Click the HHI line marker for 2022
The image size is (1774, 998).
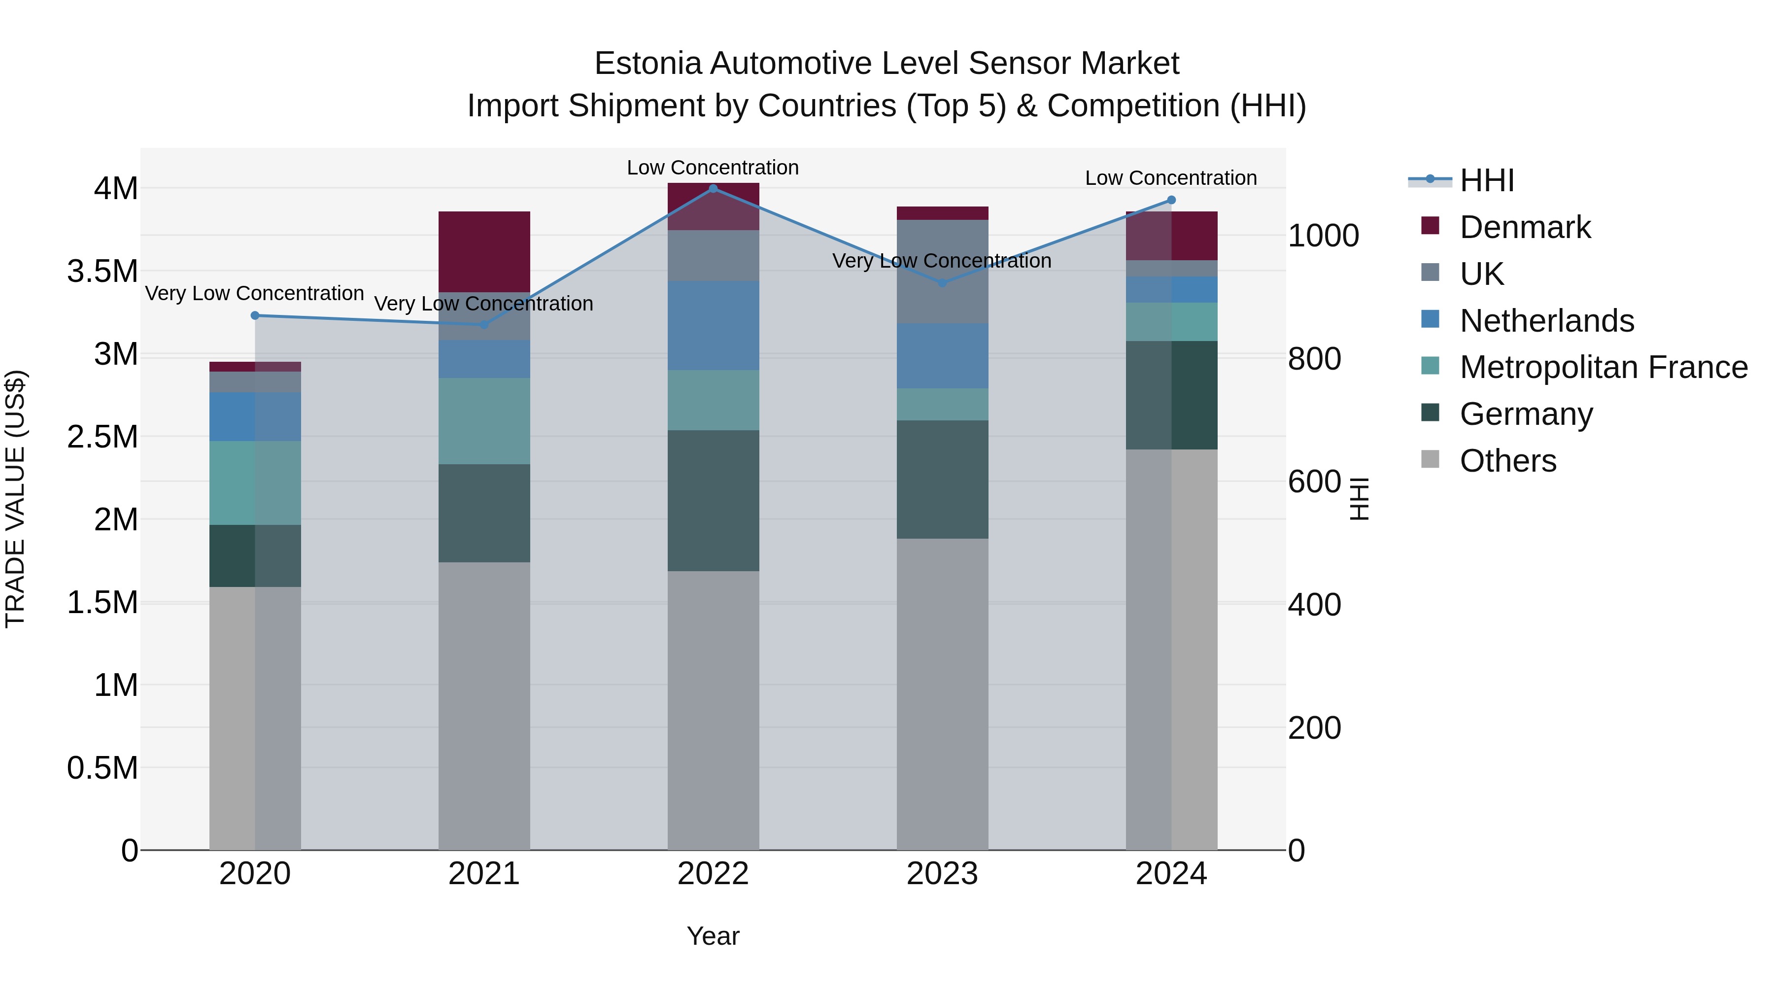713,188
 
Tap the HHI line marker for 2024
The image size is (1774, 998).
1171,201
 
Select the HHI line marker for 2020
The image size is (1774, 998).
255,315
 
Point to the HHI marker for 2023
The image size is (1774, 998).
942,283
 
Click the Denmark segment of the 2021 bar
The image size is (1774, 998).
484,251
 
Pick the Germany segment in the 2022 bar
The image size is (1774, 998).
713,500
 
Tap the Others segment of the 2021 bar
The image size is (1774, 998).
484,705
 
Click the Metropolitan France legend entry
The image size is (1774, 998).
1603,367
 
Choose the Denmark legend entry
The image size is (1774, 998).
1525,227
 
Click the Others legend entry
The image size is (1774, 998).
1507,461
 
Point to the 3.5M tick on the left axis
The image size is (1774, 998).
102,272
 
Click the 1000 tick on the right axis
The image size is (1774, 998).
1323,236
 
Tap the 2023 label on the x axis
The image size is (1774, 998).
942,874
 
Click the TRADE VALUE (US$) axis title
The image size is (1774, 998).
15,499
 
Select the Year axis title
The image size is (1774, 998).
713,936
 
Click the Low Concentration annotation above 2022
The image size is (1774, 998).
713,168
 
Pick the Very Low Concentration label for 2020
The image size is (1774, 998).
254,293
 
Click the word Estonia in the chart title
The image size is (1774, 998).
648,64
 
